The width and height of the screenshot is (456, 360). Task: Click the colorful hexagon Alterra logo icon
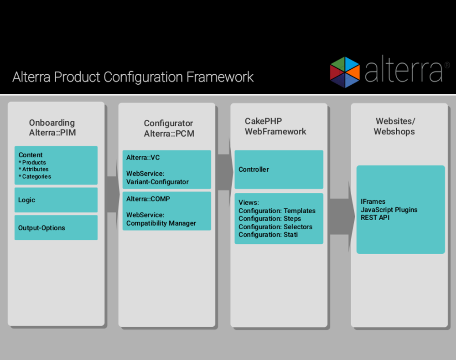(x=345, y=72)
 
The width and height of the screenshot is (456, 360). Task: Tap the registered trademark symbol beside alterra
(x=446, y=65)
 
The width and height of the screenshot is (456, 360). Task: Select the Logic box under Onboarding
(x=56, y=200)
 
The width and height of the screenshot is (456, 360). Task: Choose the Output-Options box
(x=56, y=228)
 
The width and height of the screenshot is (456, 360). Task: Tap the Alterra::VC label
(x=143, y=158)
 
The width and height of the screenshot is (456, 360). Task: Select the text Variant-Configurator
(x=157, y=182)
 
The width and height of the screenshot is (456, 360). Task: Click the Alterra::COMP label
(x=148, y=199)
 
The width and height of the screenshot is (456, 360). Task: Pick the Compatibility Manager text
(x=161, y=223)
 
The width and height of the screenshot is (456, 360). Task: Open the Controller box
(x=279, y=170)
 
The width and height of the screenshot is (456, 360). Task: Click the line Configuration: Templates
(x=277, y=211)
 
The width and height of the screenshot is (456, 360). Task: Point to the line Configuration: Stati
(x=268, y=235)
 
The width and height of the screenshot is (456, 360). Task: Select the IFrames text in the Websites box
(x=373, y=202)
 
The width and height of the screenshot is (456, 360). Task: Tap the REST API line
(x=375, y=217)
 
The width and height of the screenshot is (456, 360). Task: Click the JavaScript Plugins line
(x=389, y=210)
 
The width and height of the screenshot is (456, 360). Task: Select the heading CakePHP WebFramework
(x=275, y=127)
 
